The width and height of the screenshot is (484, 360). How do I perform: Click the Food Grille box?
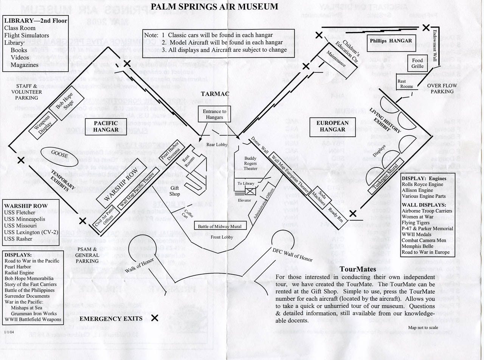pyautogui.click(x=417, y=63)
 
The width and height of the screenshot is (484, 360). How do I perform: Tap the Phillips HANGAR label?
pyautogui.click(x=391, y=41)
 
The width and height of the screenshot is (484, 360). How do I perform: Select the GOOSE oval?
pyautogui.click(x=59, y=155)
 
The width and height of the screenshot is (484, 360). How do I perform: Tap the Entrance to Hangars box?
pyautogui.click(x=214, y=114)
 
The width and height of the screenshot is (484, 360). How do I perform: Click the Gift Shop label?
pyautogui.click(x=174, y=191)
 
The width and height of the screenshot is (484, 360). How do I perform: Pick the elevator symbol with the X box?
pyautogui.click(x=250, y=192)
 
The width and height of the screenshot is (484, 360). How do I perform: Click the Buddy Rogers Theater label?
pyautogui.click(x=250, y=163)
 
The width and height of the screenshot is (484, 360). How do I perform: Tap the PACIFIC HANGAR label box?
pyautogui.click(x=106, y=126)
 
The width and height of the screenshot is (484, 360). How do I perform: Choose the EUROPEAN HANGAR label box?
pyautogui.click(x=332, y=126)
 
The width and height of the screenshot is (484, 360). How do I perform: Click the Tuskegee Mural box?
pyautogui.click(x=386, y=176)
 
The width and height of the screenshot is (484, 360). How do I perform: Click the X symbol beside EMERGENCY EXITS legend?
pyautogui.click(x=155, y=318)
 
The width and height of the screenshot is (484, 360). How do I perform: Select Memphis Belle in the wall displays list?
pyautogui.click(x=417, y=246)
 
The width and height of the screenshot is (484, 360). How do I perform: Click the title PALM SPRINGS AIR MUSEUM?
pyautogui.click(x=214, y=6)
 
